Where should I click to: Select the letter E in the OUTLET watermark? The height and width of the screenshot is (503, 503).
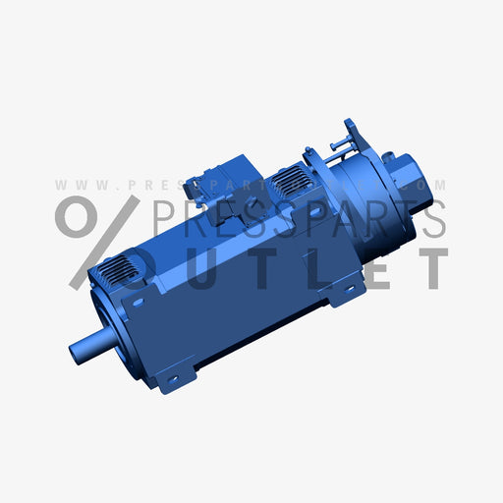(377, 268)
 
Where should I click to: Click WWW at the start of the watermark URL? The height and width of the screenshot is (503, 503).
(73, 185)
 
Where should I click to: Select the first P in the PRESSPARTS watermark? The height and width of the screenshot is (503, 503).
(168, 218)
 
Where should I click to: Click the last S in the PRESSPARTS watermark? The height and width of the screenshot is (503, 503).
(431, 218)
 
